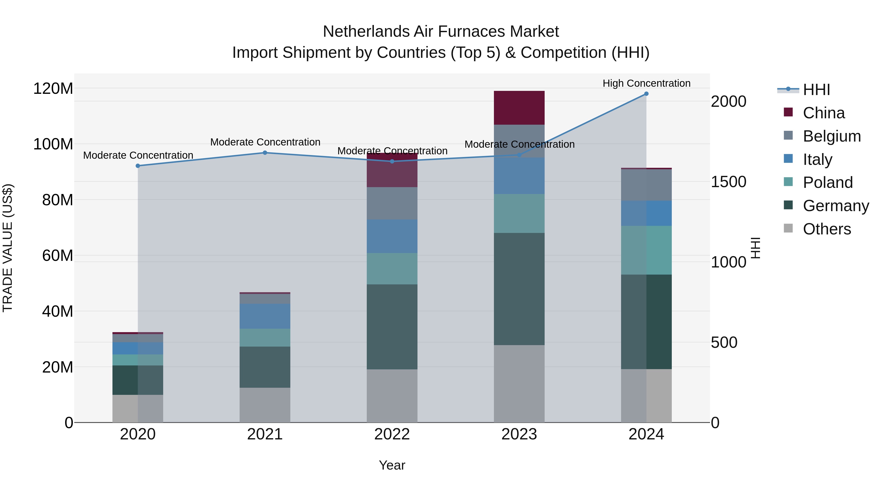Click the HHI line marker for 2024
646,94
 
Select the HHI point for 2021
265,153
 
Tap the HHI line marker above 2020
138,166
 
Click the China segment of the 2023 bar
519,108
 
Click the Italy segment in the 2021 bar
265,316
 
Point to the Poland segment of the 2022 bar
392,269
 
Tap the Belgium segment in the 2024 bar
646,185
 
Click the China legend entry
823,113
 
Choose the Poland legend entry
828,182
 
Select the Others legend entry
827,229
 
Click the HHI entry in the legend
816,90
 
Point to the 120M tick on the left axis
53,89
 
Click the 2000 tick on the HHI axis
729,102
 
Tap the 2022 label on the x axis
392,434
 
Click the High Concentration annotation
646,83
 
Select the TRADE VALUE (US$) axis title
8,248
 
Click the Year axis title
392,465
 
